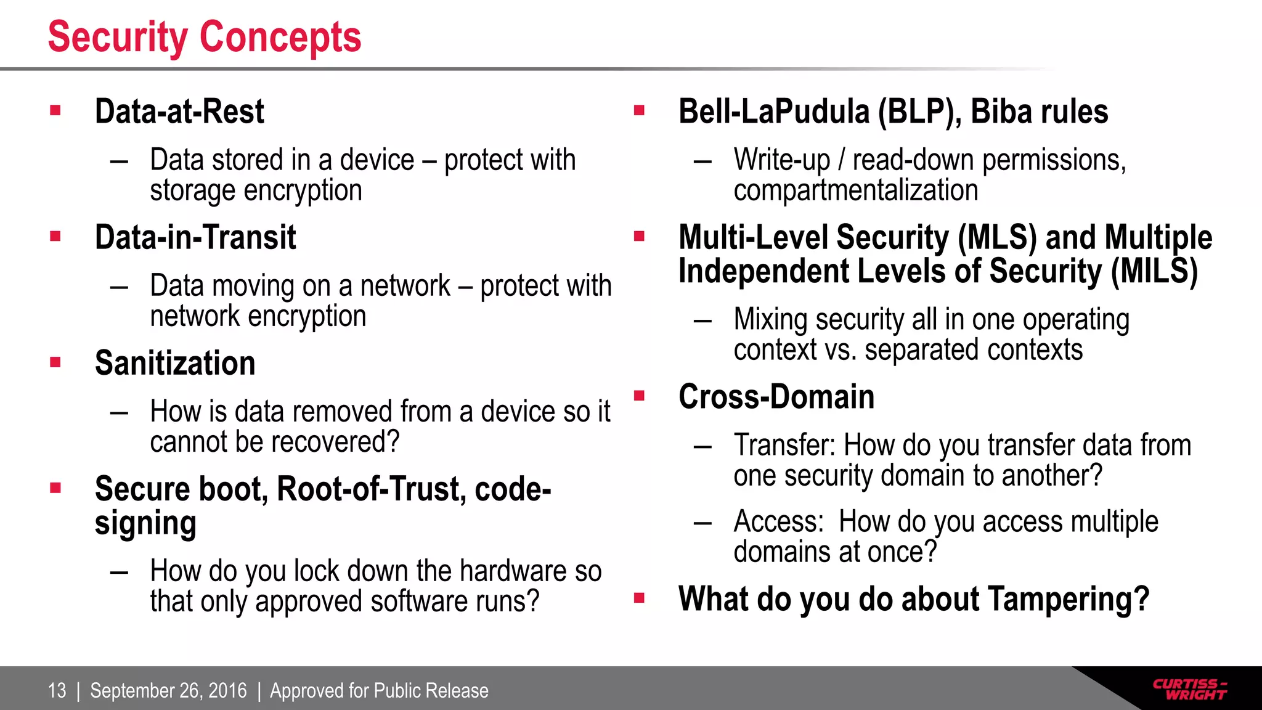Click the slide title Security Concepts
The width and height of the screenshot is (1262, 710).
(204, 38)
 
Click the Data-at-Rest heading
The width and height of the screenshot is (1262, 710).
(179, 112)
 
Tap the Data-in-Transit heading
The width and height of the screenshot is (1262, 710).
(195, 238)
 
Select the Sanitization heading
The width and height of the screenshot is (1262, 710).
(175, 364)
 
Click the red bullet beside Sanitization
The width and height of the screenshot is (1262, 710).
(55, 362)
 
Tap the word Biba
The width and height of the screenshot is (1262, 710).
(1002, 112)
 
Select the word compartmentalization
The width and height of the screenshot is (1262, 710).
(855, 190)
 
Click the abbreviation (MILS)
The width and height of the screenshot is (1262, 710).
(1154, 272)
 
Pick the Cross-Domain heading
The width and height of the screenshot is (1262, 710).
(776, 397)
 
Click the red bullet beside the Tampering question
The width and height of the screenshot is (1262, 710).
(639, 598)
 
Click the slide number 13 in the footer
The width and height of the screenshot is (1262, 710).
(57, 691)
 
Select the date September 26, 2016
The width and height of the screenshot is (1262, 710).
(168, 691)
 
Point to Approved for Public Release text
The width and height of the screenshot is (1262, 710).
(379, 691)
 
